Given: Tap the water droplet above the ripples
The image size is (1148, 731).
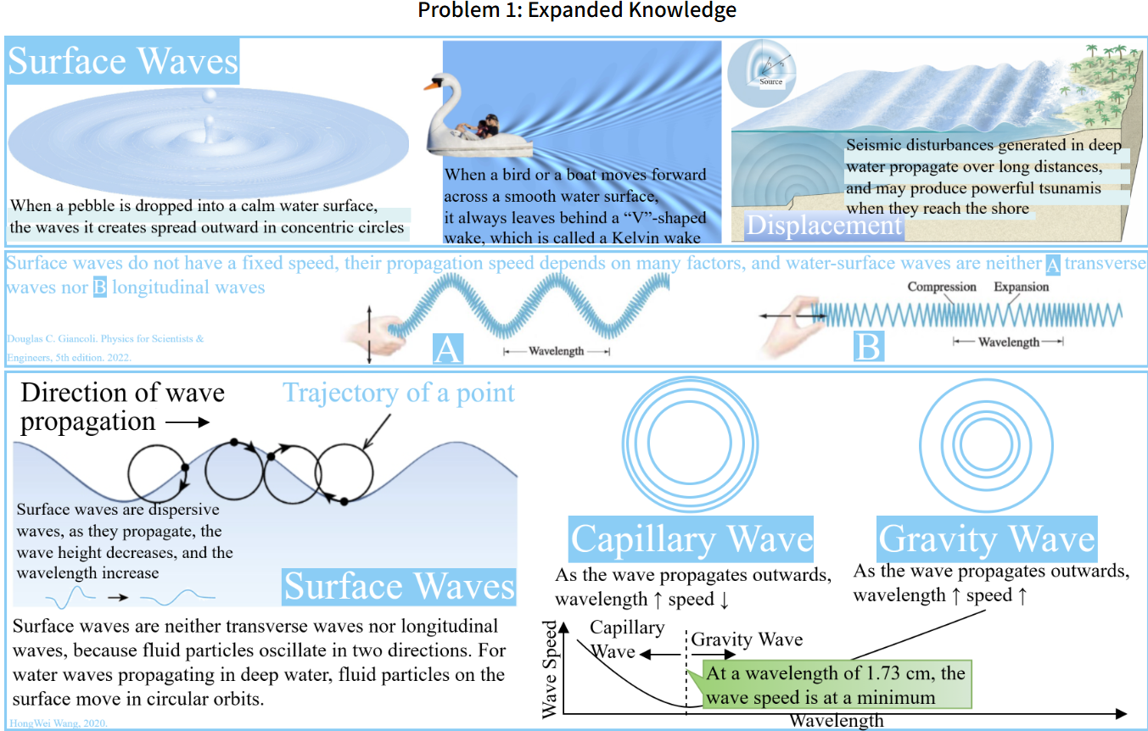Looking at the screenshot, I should [x=206, y=100].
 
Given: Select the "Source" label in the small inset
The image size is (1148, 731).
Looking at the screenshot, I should [x=770, y=82].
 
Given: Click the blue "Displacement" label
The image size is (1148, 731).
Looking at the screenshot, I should [x=823, y=226].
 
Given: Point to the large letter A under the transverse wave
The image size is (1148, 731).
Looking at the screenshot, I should [x=447, y=348].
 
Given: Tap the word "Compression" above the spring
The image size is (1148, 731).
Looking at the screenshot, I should [x=942, y=287].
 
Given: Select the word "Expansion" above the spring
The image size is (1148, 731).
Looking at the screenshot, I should [x=1021, y=287].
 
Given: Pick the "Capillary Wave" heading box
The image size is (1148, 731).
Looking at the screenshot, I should [x=692, y=539].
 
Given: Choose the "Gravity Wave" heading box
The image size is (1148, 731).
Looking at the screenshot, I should [x=987, y=539].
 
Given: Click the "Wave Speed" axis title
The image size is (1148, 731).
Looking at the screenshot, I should [x=551, y=670].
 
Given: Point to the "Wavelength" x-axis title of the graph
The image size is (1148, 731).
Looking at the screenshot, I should [x=836, y=721].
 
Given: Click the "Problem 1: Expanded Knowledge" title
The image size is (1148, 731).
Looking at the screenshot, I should [x=577, y=11].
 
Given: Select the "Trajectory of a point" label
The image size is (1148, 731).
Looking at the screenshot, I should [x=399, y=393].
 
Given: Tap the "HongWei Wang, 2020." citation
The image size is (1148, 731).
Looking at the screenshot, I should [x=59, y=723].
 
